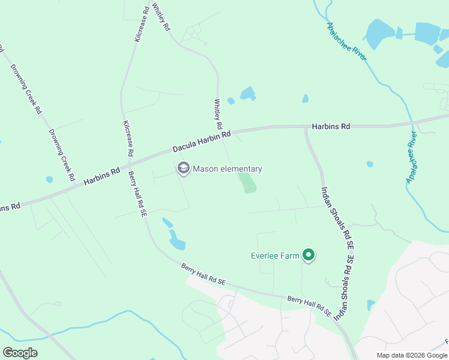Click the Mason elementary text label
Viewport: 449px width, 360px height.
[x=228, y=169]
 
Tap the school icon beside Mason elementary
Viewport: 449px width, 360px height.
[x=183, y=169]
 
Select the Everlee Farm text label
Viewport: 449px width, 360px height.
[x=274, y=256]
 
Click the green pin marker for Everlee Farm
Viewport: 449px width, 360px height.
[x=309, y=256]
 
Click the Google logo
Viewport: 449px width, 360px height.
[x=20, y=353]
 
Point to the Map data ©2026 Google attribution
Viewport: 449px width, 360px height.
[x=412, y=355]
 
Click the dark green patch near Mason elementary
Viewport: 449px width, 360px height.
[x=248, y=182]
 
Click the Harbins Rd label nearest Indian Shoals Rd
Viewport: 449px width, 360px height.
[x=331, y=127]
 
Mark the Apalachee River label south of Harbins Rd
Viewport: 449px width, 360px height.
[x=411, y=157]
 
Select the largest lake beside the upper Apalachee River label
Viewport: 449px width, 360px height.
[x=379, y=35]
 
